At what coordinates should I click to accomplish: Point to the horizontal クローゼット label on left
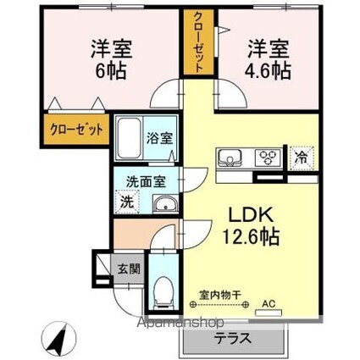point(76,131)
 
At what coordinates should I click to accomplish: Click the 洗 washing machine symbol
point(126,202)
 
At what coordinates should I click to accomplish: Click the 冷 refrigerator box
point(301,158)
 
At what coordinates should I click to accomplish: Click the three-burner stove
point(268,158)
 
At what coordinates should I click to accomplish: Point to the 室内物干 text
point(220,295)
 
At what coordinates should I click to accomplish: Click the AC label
point(269,302)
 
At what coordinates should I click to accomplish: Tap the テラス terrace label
point(230,336)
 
